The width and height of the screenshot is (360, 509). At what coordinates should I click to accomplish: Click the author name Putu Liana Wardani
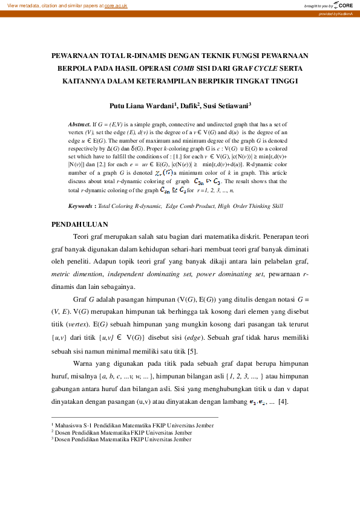tap(143, 105)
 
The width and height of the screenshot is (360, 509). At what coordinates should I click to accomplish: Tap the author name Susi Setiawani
tap(228, 105)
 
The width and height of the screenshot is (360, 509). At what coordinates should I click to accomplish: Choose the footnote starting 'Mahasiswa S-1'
tap(122, 426)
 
